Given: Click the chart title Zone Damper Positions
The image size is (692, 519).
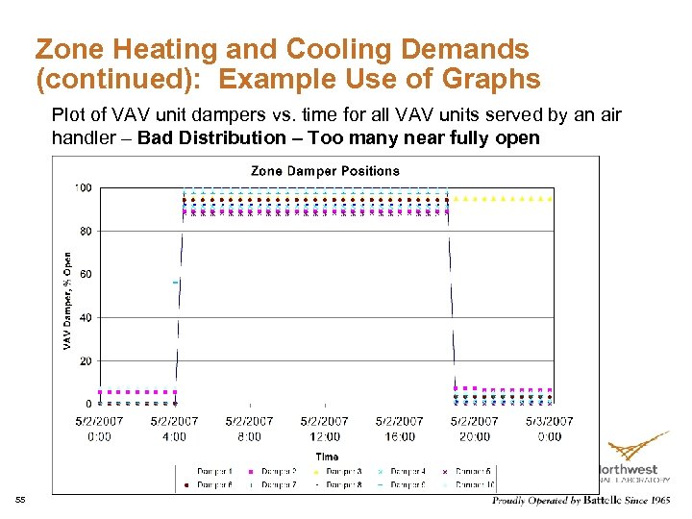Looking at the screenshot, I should (325, 171).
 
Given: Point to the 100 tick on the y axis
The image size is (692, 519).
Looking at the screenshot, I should (85, 188).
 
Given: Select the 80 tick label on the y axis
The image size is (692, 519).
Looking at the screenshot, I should (86, 232).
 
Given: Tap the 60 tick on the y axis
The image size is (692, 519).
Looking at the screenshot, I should (86, 275).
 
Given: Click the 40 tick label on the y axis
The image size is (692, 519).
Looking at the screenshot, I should (86, 318).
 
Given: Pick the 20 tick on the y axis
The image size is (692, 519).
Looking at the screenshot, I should (86, 361).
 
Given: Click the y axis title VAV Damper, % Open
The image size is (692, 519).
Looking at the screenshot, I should (68, 300).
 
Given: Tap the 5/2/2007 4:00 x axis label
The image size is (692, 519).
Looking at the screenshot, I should (174, 429).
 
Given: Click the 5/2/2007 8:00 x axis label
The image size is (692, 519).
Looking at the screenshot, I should (249, 429).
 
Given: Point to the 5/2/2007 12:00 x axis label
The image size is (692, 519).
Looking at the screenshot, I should (324, 429).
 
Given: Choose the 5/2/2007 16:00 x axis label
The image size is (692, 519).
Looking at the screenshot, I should (399, 429).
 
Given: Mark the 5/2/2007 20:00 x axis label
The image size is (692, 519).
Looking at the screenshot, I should (474, 429).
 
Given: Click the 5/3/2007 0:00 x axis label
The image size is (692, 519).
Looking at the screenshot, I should (549, 429).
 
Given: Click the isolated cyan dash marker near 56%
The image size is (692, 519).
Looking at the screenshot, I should (175, 283).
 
